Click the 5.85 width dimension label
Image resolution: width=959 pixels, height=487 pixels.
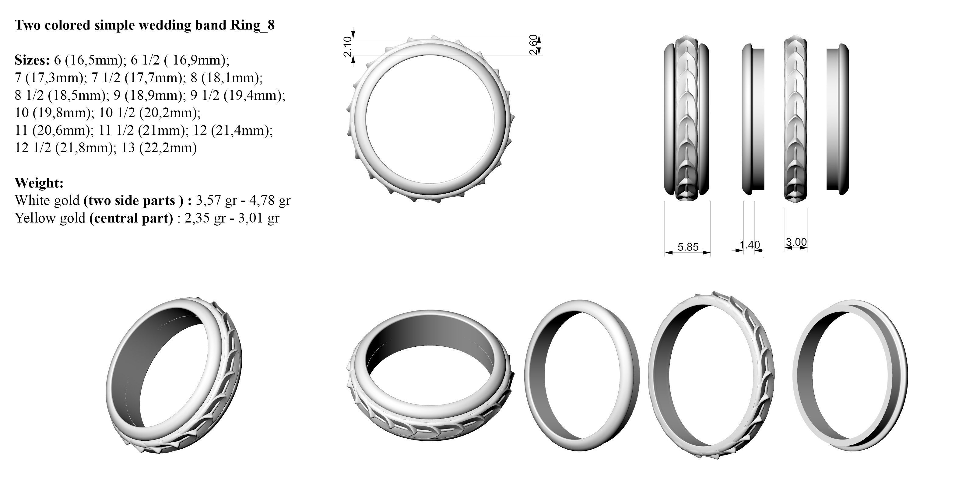point(688,247)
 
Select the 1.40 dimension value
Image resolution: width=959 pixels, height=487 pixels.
point(749,245)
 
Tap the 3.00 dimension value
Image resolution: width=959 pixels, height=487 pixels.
point(796,242)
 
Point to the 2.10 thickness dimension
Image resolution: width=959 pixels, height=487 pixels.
point(347,47)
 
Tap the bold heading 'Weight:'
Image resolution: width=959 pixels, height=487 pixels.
point(39,183)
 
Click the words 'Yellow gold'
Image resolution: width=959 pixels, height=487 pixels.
point(50,218)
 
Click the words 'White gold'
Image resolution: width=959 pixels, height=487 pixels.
point(47,200)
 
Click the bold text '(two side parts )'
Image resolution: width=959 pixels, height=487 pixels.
point(133,200)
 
